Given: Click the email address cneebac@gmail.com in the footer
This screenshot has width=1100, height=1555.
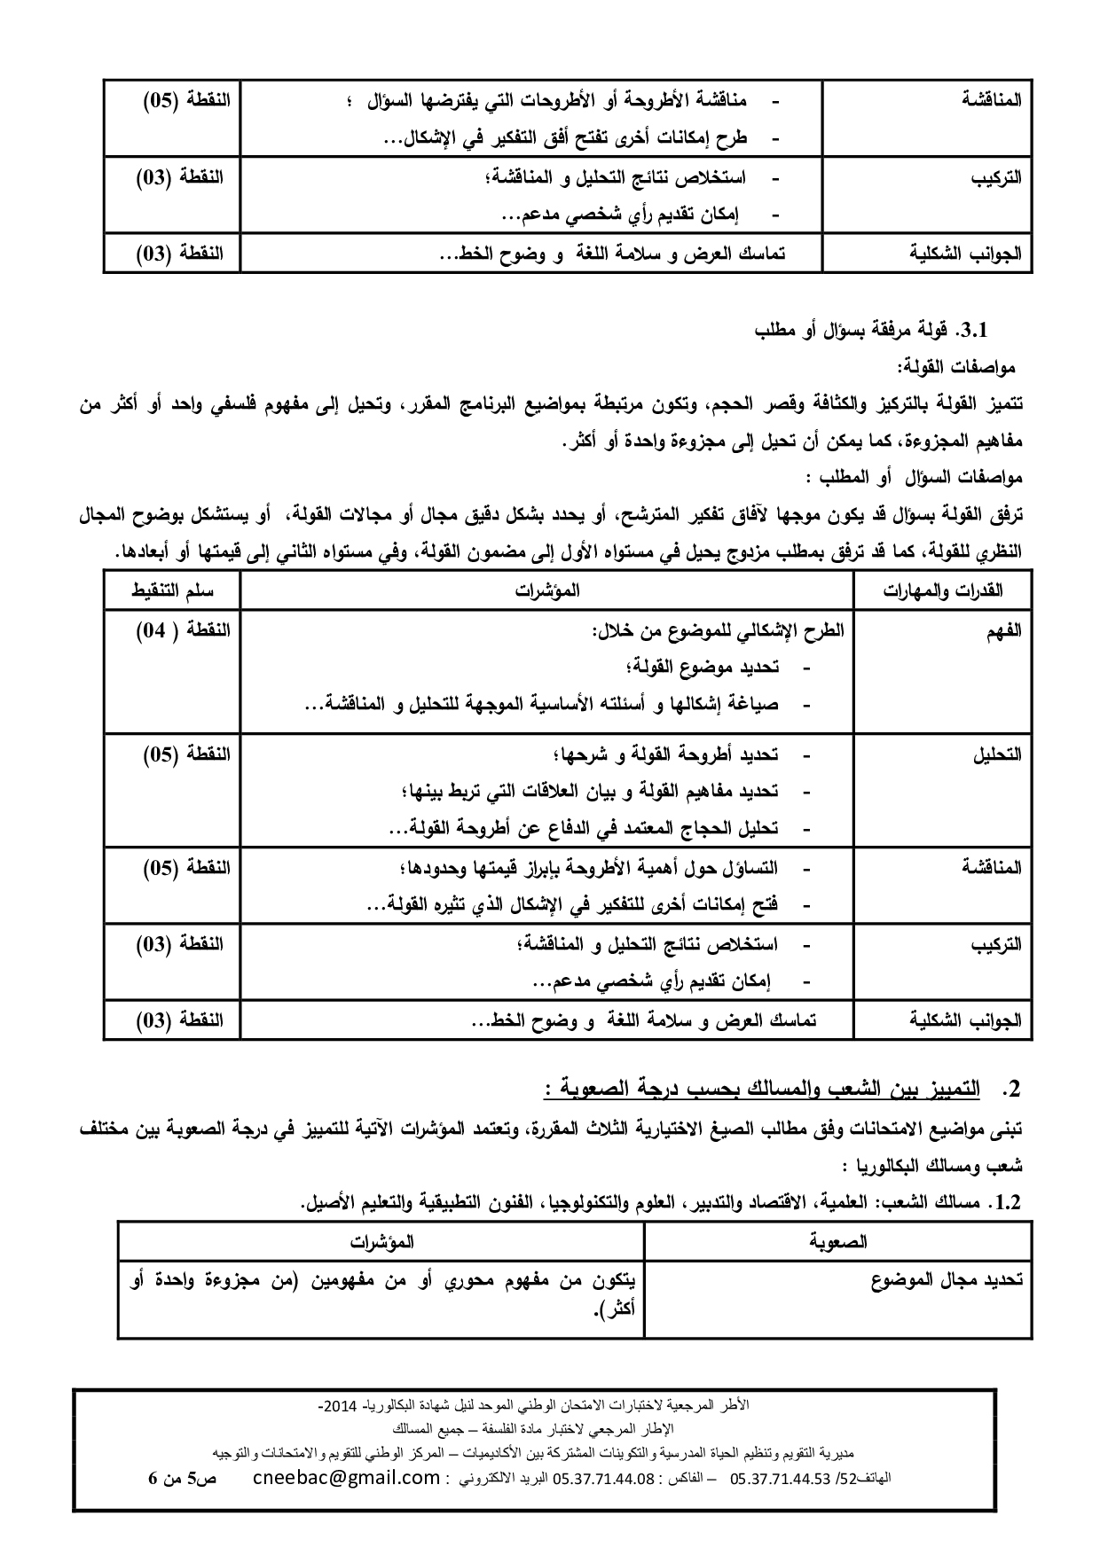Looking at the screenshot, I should (346, 1477).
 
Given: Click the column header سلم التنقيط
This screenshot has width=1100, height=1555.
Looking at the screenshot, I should (173, 590).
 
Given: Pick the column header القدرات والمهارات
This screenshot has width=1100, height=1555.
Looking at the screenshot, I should (943, 590).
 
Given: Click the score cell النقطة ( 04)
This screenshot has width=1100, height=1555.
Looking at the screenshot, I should (183, 630).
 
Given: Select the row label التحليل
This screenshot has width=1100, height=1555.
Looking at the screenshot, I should (998, 754).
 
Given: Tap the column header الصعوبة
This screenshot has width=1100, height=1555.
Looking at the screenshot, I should (838, 1241).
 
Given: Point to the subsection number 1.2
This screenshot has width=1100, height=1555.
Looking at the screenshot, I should (1009, 1203).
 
